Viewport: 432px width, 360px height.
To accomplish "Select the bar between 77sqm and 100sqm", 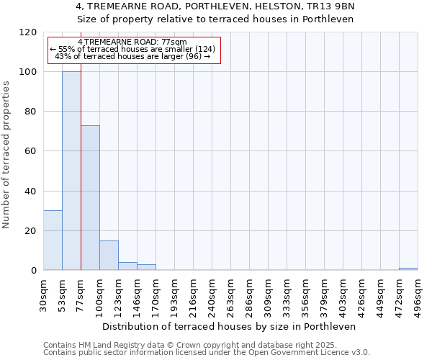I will coord(90,198).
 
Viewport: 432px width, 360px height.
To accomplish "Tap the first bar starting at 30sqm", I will coord(53,240).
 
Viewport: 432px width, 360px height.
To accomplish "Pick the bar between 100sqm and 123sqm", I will coord(109,256).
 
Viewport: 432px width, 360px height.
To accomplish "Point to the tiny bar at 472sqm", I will coord(408,269).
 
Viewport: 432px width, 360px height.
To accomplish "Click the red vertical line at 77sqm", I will coord(81,180).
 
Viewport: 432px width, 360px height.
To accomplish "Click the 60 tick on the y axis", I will coord(31,151).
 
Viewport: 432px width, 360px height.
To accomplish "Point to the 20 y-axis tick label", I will coord(31,231).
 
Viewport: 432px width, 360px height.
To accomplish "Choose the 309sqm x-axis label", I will coord(268,294).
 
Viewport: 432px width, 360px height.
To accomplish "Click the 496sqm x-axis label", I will coord(418,294).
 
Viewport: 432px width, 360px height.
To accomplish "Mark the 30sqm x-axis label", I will coord(43,294).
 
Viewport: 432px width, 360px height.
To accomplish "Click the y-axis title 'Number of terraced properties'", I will coord(6,155).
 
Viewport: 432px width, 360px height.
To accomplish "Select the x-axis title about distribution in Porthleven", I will coord(230,326).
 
